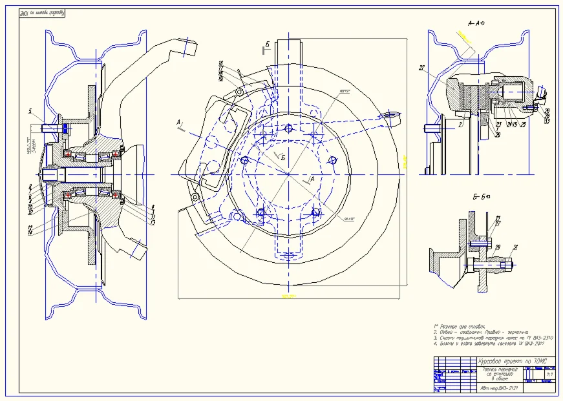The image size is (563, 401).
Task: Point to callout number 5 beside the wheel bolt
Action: [x=30, y=111]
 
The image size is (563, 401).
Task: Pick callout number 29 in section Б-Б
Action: [x=498, y=247]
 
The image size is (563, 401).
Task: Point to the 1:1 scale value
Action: [x=549, y=373]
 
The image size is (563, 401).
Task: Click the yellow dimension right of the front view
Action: [x=403, y=160]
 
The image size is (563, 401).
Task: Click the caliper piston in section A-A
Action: [x=511, y=94]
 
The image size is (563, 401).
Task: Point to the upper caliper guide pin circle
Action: [x=239, y=92]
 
